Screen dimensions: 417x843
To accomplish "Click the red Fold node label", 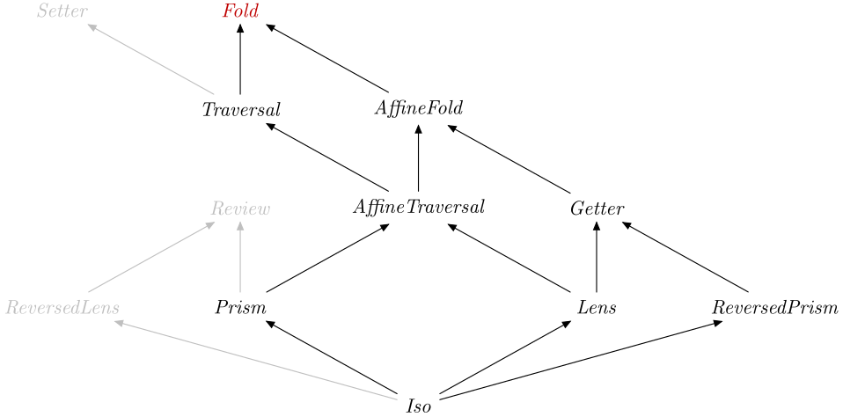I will tap(240, 12).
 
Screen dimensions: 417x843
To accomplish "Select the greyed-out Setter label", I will tap(62, 12).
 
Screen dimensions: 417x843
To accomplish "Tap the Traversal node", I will tap(240, 110).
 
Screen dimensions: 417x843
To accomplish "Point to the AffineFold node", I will tap(418, 109).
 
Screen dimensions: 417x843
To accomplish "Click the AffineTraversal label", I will tap(418, 208).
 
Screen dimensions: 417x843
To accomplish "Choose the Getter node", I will tap(597, 208).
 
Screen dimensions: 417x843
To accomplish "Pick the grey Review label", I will tap(240, 209).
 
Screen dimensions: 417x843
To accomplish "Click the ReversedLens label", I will tap(62, 308).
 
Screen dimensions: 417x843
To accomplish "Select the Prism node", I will tap(240, 308).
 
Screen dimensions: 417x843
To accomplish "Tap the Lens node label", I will tap(597, 308).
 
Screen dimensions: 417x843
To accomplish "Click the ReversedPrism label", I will tap(774, 308).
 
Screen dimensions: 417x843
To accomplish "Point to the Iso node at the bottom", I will tap(418, 406).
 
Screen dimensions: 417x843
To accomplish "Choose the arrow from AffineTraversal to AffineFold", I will tap(418, 158).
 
